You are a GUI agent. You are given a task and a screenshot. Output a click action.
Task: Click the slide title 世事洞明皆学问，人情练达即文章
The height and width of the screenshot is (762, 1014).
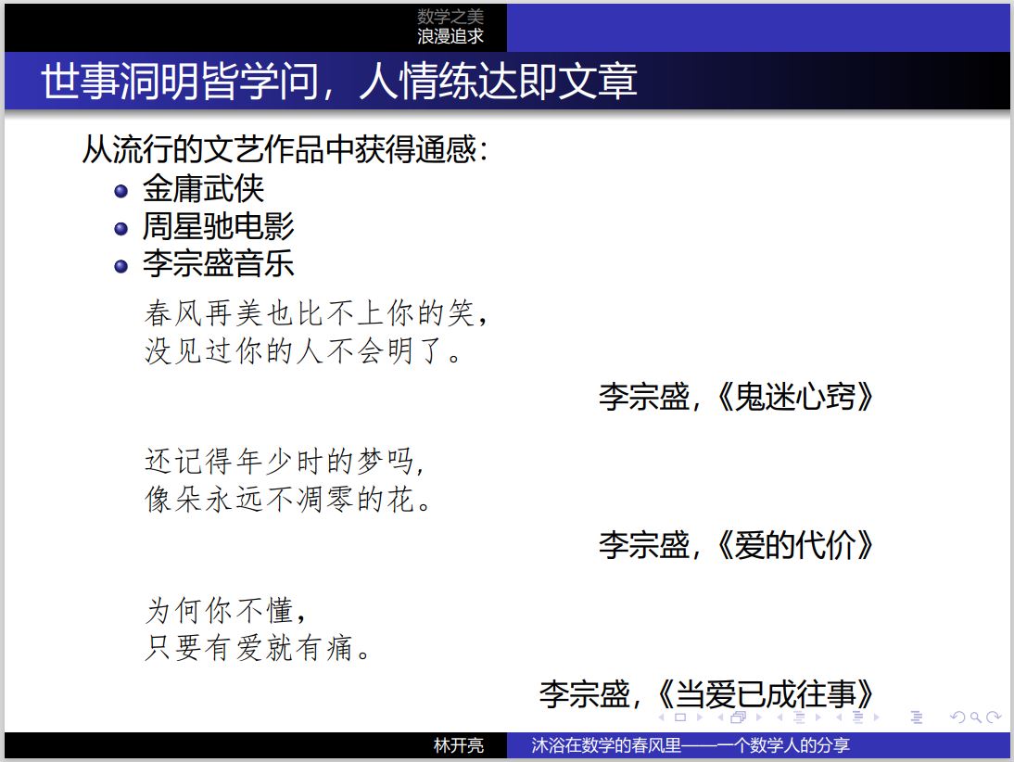tap(339, 82)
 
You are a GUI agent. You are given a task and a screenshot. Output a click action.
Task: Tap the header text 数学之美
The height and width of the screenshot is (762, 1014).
tap(450, 16)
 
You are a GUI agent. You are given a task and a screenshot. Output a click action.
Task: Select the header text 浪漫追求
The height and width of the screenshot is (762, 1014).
tap(450, 36)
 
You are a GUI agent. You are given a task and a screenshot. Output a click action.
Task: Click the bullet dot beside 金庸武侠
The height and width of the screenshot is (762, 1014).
tap(120, 191)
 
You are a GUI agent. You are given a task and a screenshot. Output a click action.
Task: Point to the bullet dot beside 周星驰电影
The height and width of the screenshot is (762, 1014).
tap(120, 228)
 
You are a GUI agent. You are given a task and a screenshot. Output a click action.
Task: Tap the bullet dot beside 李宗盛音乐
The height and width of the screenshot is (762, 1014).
tap(120, 266)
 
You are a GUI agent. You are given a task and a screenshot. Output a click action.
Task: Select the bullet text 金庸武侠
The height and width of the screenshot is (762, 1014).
tap(203, 189)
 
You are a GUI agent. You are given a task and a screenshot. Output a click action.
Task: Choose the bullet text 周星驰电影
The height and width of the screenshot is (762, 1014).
tap(219, 226)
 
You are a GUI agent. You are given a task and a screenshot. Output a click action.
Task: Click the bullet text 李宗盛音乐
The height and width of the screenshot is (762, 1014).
tap(219, 264)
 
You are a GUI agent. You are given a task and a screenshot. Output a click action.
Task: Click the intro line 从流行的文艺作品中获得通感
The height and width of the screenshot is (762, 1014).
tap(280, 149)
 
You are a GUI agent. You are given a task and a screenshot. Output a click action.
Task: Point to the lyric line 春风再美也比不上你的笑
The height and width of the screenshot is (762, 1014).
tap(311, 313)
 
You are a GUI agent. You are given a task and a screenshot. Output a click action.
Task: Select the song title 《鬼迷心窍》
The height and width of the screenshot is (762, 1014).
tap(794, 397)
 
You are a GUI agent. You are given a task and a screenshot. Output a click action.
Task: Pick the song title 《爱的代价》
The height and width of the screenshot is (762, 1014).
tap(794, 545)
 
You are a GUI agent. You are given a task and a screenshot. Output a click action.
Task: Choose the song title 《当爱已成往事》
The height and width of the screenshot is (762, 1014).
tap(765, 693)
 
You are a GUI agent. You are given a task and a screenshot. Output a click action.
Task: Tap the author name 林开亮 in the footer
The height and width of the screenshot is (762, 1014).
tap(459, 746)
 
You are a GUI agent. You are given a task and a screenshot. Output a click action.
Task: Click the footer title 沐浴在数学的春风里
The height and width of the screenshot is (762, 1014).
tap(606, 746)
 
